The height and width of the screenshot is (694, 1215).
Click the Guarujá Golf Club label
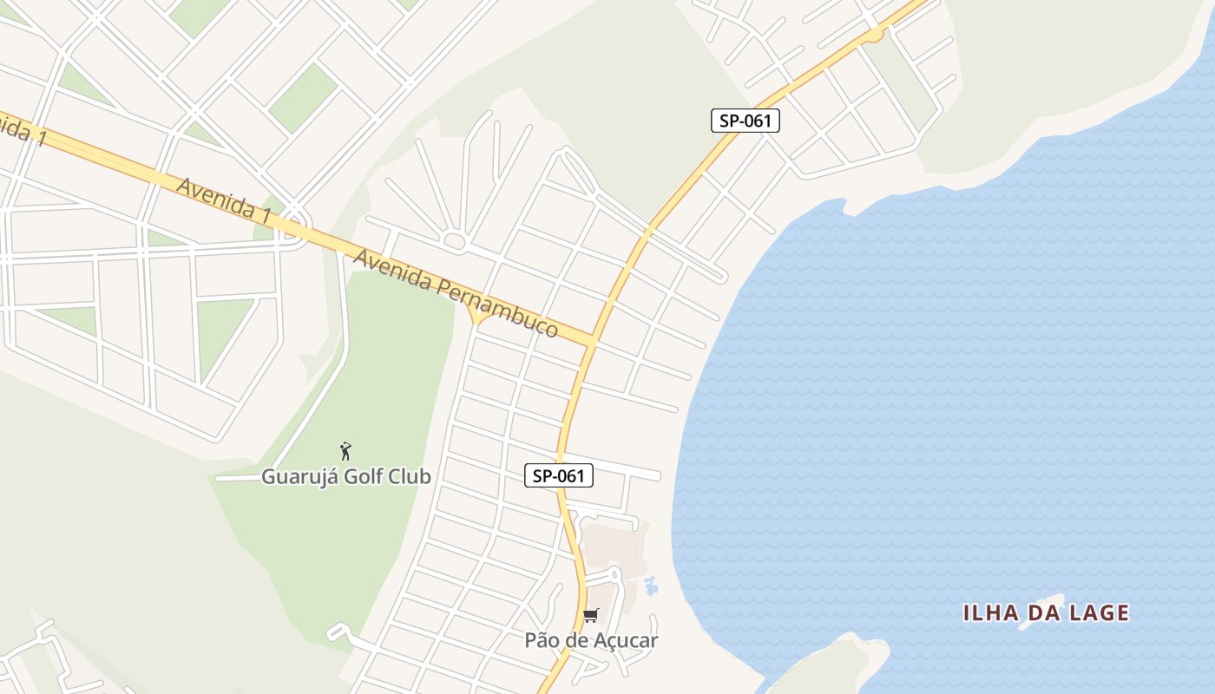click(x=346, y=476)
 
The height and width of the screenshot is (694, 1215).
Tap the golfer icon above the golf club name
click(x=345, y=451)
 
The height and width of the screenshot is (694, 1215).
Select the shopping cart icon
click(x=591, y=616)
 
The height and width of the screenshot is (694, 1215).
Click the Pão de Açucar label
click(x=591, y=640)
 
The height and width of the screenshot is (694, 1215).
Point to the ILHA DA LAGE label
click(x=1046, y=613)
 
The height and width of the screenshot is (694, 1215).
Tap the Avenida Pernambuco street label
click(x=455, y=293)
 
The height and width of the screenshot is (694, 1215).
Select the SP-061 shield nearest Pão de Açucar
click(x=558, y=475)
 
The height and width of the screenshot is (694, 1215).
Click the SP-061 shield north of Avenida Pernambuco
click(x=745, y=121)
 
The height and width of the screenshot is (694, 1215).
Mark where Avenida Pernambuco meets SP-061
click(x=593, y=341)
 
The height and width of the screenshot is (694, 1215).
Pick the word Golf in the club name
click(x=363, y=476)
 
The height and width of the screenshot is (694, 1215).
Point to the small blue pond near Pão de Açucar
click(x=652, y=586)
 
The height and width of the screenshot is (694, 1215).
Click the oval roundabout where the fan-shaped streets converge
click(x=454, y=241)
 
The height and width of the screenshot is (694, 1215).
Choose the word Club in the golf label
click(x=409, y=476)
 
